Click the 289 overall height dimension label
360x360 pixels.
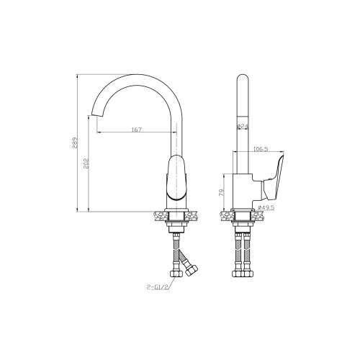pyautogui.click(x=75, y=143)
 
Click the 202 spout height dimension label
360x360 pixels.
pyautogui.click(x=86, y=163)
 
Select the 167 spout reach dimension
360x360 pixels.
pyautogui.click(x=137, y=130)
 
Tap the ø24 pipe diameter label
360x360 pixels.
pyautogui.click(x=243, y=126)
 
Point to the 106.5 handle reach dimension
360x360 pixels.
pyautogui.click(x=261, y=149)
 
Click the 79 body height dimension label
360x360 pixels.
pyautogui.click(x=222, y=192)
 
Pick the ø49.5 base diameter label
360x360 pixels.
pyautogui.click(x=266, y=207)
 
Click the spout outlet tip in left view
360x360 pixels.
pyautogui.click(x=96, y=115)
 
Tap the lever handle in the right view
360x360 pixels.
pyautogui.click(x=273, y=179)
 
